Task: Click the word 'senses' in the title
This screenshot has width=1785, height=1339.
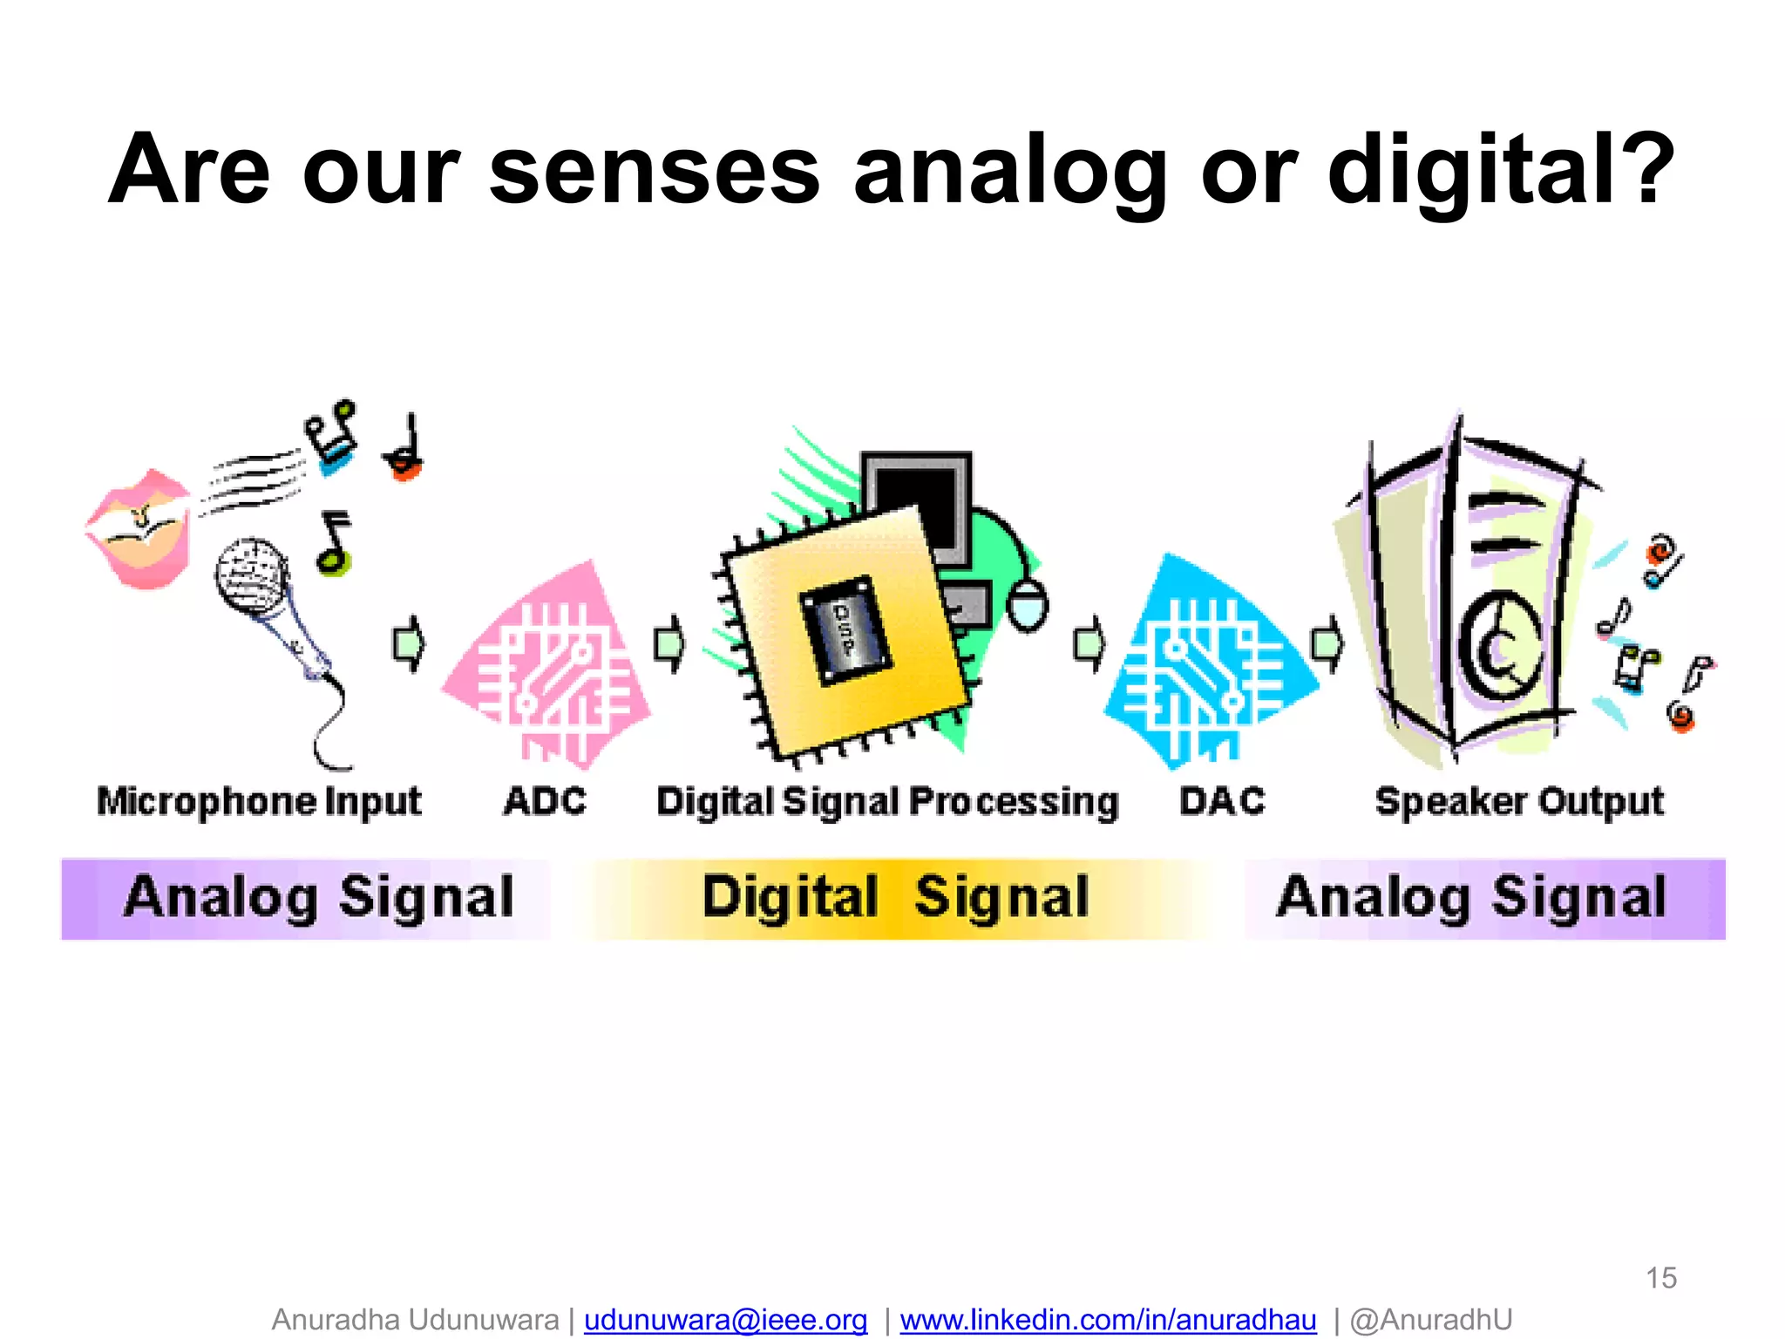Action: click(655, 171)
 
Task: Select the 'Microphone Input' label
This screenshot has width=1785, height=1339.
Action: click(259, 801)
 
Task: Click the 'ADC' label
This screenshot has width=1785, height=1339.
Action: click(546, 801)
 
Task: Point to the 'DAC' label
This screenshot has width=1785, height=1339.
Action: click(1222, 801)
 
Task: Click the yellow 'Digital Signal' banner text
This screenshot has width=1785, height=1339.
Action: click(896, 897)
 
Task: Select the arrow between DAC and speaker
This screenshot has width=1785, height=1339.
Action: click(1327, 644)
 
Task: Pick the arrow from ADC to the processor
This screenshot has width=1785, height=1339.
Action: click(669, 644)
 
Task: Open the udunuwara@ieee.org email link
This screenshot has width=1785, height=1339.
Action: click(725, 1320)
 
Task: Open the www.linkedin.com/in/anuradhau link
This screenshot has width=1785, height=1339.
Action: click(1108, 1320)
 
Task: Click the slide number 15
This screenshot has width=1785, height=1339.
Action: click(1660, 1278)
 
